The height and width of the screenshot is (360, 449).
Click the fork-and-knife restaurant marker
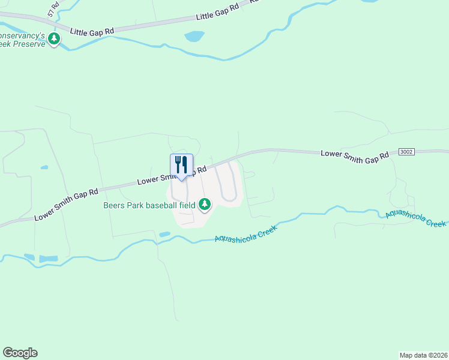point(181,164)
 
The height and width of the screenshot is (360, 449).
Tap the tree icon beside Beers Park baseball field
point(205,205)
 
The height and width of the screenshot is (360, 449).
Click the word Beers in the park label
point(113,205)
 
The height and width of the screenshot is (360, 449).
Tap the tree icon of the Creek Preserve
point(54,39)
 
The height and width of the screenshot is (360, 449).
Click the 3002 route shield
point(406,152)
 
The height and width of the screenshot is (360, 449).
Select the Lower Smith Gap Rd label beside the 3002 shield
point(355,154)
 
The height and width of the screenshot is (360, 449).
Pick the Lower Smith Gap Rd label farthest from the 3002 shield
point(66,204)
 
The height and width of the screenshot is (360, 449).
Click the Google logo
point(20,353)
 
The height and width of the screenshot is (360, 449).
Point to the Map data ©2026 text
point(423,355)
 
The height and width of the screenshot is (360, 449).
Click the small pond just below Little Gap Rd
point(194,37)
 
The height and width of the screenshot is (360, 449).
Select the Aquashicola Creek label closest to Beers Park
point(249,233)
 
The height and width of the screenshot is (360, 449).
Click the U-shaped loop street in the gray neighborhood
point(229,191)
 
